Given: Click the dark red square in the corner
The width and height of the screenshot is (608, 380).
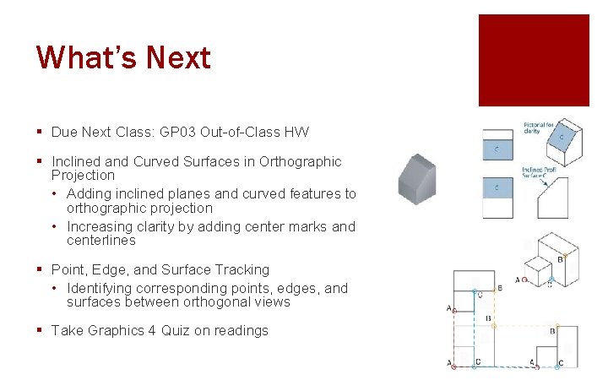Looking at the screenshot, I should (x=534, y=60).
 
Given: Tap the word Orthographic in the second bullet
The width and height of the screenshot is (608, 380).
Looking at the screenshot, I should (x=301, y=161).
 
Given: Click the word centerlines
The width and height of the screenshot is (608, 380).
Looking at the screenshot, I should (x=101, y=241).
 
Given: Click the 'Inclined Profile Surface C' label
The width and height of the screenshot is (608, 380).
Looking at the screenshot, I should (x=537, y=174).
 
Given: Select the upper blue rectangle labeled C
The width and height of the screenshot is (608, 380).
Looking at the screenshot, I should (x=497, y=149).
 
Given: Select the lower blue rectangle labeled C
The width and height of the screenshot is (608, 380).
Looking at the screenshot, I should (x=497, y=187).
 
